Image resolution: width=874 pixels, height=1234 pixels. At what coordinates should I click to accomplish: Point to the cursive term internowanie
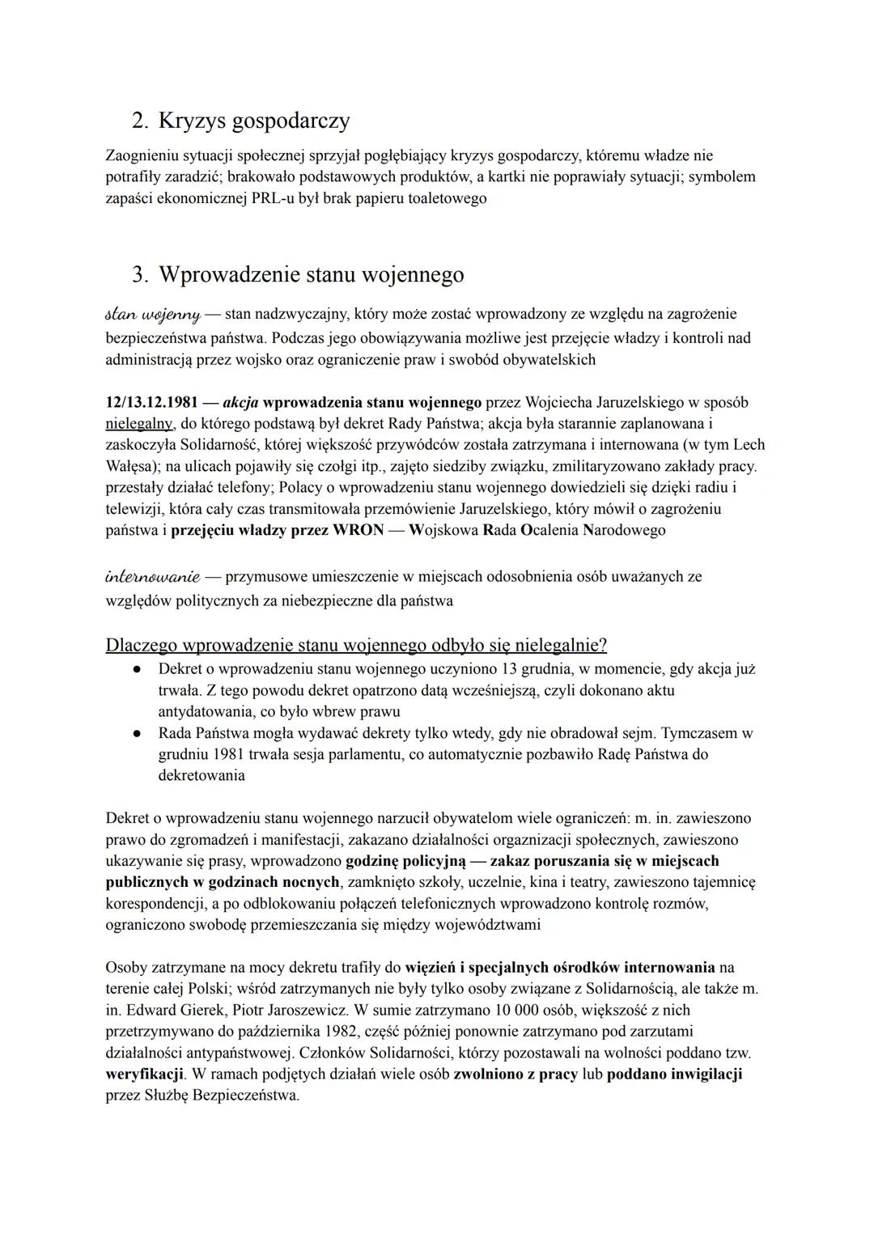click(x=153, y=577)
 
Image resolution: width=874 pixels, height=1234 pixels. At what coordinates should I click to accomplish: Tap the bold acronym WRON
click(x=357, y=530)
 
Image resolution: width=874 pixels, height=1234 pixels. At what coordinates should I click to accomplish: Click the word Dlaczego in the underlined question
click(x=141, y=645)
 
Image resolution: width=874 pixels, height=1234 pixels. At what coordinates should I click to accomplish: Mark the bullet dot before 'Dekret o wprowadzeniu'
click(x=138, y=669)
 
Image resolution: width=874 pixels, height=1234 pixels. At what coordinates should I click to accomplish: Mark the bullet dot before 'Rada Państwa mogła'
click(x=138, y=734)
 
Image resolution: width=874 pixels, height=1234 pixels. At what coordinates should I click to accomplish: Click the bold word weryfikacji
click(x=145, y=1075)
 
